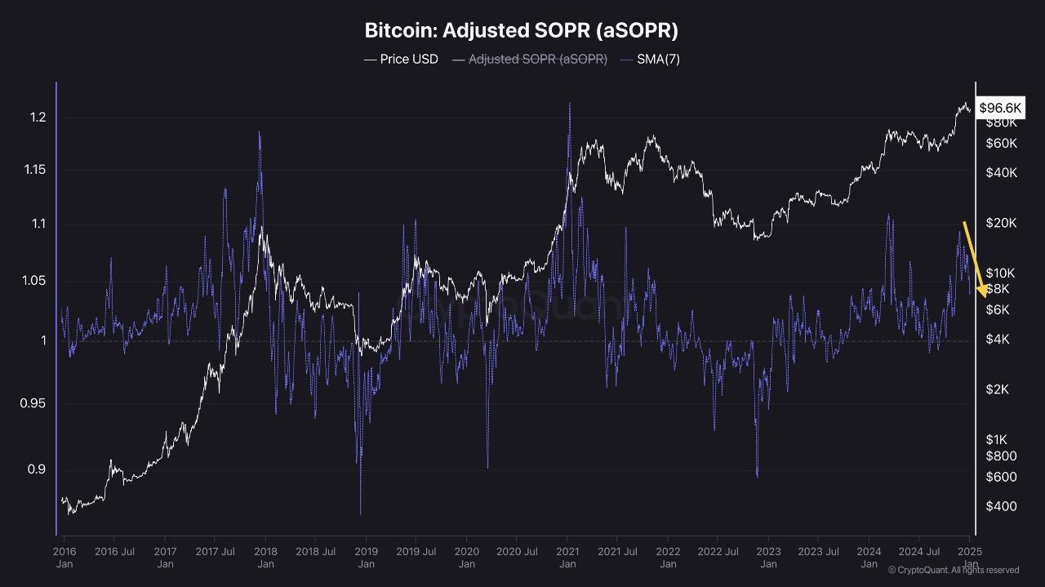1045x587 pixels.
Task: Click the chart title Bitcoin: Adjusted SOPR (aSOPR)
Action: pyautogui.click(x=521, y=31)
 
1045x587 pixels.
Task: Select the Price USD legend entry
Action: pyautogui.click(x=401, y=60)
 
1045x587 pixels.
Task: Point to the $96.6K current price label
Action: pyautogui.click(x=1000, y=108)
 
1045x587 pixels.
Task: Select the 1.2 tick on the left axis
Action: pyautogui.click(x=38, y=118)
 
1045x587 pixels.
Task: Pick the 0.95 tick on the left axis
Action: pyautogui.click(x=34, y=403)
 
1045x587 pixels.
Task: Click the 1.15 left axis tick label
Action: pyautogui.click(x=34, y=170)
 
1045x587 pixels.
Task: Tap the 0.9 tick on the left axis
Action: pyautogui.click(x=38, y=469)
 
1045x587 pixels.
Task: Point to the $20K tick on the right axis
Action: pyautogui.click(x=1001, y=223)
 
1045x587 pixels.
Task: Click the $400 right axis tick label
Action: pyautogui.click(x=1001, y=506)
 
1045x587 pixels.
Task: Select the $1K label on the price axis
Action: pyautogui.click(x=998, y=440)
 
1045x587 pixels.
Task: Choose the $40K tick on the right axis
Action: pyautogui.click(x=1001, y=173)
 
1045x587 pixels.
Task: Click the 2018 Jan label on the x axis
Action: pyautogui.click(x=265, y=558)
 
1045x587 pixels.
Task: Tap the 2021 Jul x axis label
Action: pyautogui.click(x=617, y=552)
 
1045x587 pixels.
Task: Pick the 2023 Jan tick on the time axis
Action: pyautogui.click(x=768, y=558)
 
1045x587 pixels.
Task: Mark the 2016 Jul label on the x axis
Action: pyautogui.click(x=114, y=552)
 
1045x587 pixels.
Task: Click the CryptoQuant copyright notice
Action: pyautogui.click(x=953, y=570)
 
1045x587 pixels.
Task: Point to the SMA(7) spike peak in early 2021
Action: pyautogui.click(x=569, y=105)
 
